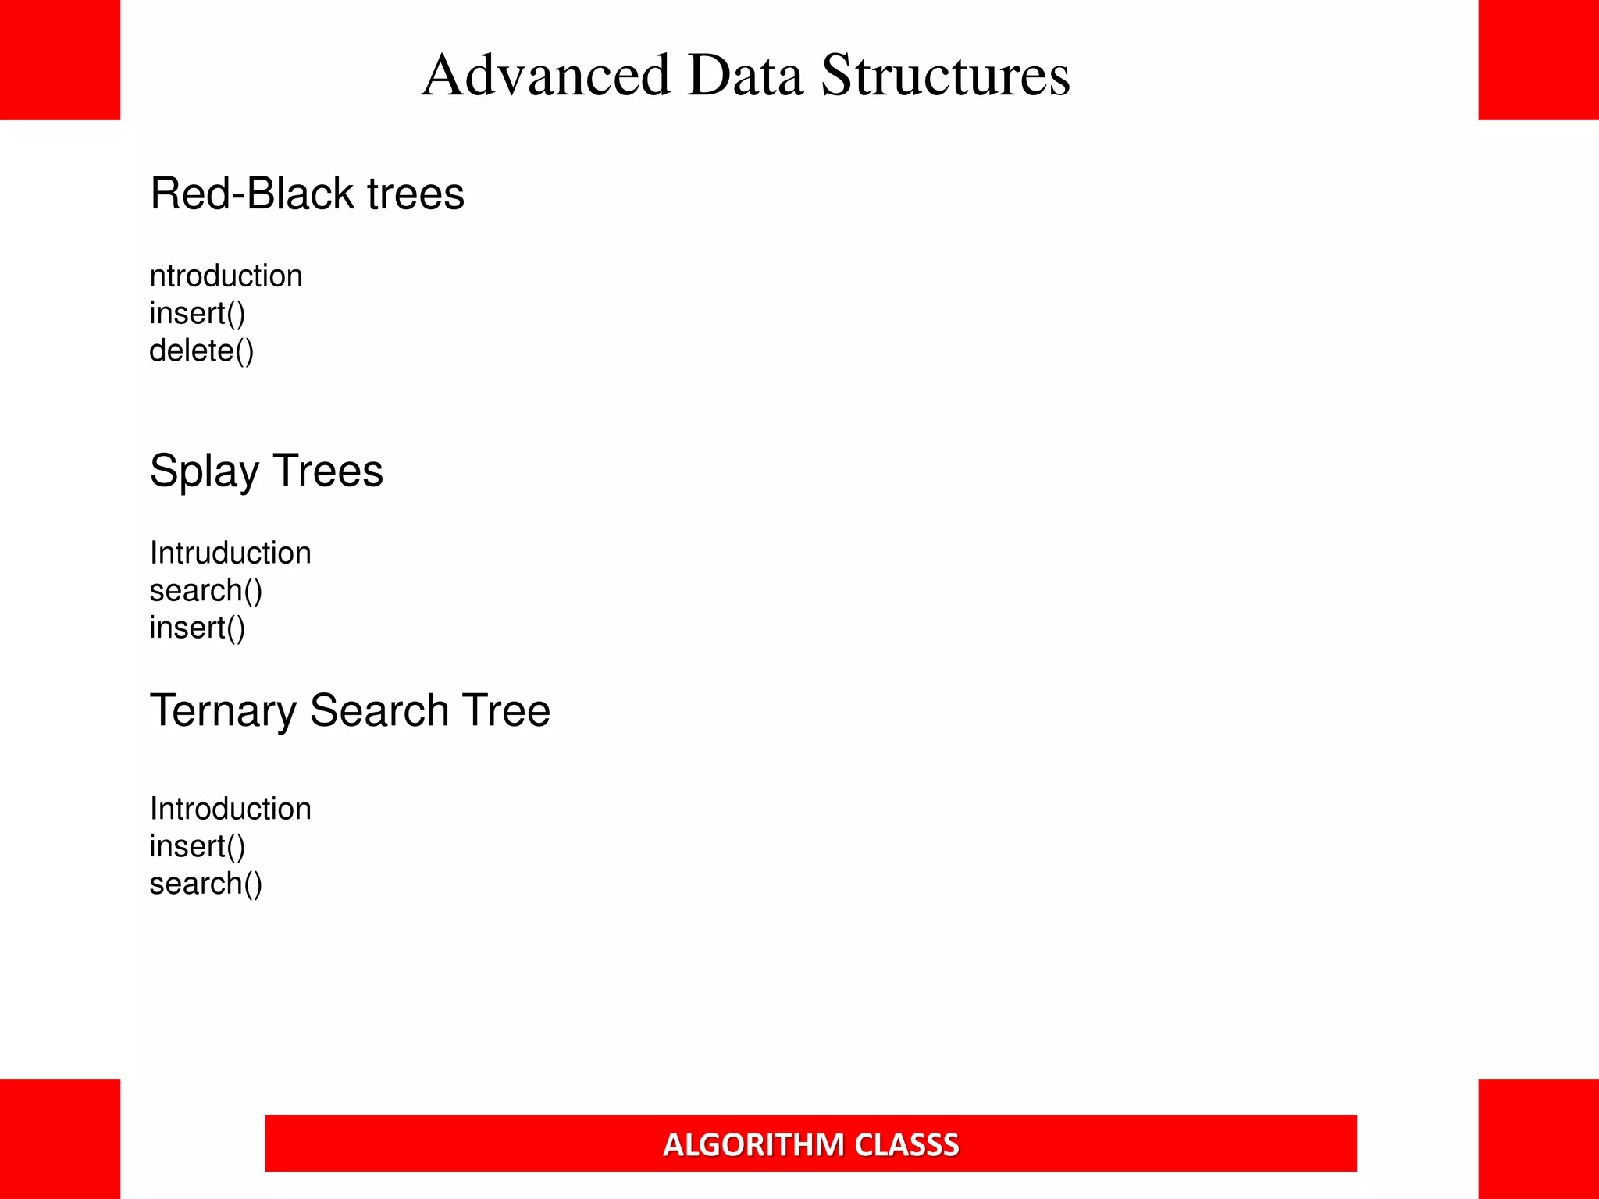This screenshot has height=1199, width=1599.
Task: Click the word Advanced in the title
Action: pos(546,76)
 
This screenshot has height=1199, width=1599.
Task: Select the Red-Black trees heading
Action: pos(307,194)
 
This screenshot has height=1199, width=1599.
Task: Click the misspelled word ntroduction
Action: pos(226,276)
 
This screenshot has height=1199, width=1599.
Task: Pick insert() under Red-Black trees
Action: pos(198,313)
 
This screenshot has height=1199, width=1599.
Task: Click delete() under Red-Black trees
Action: pos(201,350)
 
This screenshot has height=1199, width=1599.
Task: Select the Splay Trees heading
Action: pos(266,471)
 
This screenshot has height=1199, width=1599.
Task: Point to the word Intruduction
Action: pos(230,553)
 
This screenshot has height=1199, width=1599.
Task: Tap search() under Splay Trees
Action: pos(206,590)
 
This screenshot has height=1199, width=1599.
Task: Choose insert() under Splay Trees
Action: pos(198,628)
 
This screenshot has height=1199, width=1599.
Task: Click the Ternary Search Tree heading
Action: pos(350,710)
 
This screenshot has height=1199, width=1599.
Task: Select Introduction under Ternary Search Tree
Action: pos(230,809)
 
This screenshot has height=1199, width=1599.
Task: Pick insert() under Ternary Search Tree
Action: pos(198,846)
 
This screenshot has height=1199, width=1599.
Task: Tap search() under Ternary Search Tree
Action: pos(206,884)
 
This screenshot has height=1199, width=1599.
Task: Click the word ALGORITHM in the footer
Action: pos(753,1144)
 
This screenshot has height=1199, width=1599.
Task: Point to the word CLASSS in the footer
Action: pos(906,1144)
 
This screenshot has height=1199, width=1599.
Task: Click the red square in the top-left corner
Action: pos(60,60)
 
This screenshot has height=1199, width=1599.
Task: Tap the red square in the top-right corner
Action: pos(1538,60)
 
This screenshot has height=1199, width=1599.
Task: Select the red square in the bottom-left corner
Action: pos(60,1139)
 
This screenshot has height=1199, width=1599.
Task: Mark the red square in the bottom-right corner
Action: pos(1538,1139)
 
